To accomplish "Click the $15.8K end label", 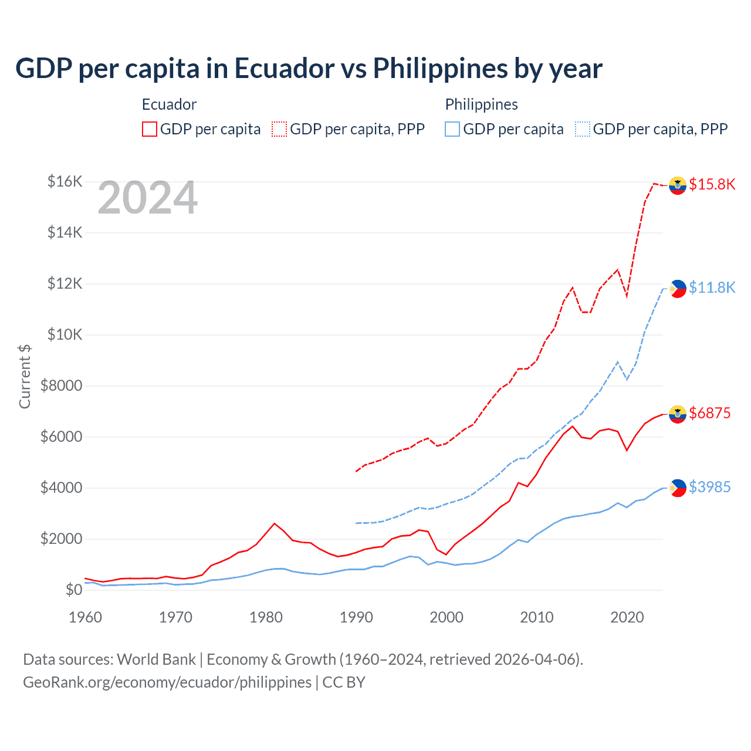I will [x=712, y=184].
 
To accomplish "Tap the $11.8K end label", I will [x=712, y=287].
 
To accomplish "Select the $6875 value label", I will [x=709, y=413].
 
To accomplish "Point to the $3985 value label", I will [x=709, y=487].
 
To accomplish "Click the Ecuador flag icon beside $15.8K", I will [x=678, y=185].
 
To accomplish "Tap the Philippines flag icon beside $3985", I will [x=678, y=488].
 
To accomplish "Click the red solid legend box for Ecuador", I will [x=150, y=129].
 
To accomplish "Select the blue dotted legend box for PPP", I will [x=583, y=129].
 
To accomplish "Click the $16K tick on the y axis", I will [x=65, y=181].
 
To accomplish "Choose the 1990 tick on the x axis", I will [x=356, y=617].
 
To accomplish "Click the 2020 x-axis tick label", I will [x=627, y=617].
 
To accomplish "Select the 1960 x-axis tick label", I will [x=86, y=617].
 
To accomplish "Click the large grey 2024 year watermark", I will [x=147, y=198].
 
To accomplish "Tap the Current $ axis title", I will [x=25, y=377].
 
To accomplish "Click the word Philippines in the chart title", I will [x=440, y=69].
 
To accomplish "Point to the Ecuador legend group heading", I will [x=169, y=104].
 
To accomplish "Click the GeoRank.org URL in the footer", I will [x=167, y=682].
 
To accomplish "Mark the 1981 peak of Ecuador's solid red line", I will [x=275, y=523].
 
